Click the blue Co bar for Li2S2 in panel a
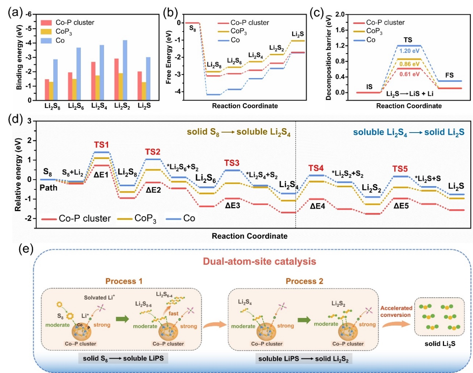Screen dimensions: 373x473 click(125, 70)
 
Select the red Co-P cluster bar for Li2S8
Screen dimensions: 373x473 click(47, 90)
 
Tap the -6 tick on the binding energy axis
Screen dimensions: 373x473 click(28, 15)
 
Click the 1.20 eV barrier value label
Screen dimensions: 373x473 click(409, 51)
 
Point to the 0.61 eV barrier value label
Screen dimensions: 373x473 click(409, 74)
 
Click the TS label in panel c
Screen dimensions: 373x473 click(408, 40)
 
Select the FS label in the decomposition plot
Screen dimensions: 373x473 click(449, 75)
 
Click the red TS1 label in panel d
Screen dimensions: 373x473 click(101, 145)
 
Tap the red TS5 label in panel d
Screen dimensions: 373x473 click(400, 169)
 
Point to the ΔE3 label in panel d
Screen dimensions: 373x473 click(233, 206)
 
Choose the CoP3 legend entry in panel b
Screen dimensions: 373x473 click(239, 32)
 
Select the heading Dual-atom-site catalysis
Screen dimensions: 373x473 click(259, 261)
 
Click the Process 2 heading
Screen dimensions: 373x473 click(304, 281)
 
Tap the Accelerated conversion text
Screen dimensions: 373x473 click(396, 312)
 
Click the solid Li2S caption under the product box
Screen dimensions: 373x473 click(440, 344)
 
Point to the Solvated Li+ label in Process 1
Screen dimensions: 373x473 click(99, 298)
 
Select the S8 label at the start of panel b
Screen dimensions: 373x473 click(193, 28)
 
